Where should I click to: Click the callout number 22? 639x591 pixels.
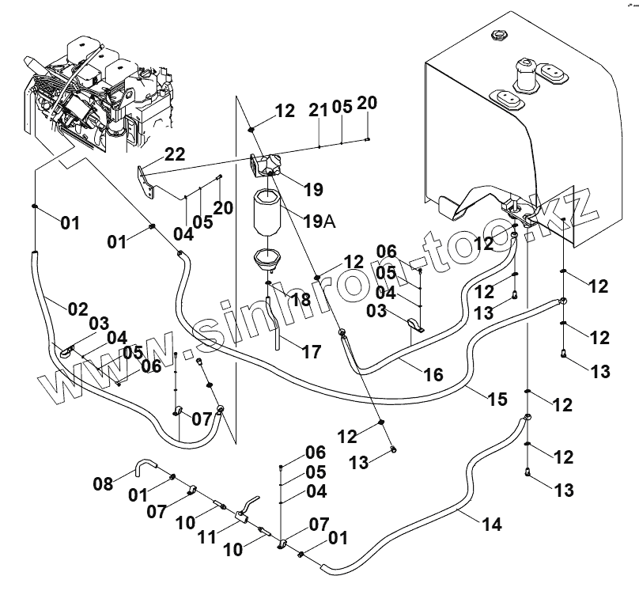175,155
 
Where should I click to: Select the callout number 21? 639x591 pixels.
318,111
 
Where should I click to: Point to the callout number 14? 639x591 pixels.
491,523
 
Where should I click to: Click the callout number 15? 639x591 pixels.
497,399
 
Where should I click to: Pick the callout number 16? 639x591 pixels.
433,373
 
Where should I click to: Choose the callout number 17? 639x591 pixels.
312,352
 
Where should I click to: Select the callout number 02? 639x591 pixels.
77,308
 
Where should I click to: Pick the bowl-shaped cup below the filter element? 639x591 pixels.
267,259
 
